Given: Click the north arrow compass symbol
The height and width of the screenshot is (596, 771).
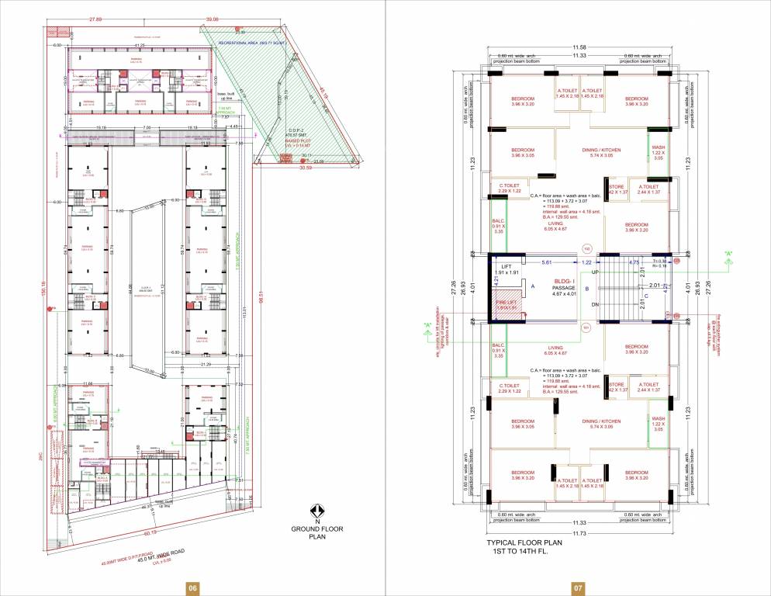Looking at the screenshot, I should point(316,510).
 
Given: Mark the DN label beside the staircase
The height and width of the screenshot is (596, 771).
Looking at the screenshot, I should point(595,304).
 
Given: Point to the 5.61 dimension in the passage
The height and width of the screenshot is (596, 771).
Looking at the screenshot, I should point(546,262).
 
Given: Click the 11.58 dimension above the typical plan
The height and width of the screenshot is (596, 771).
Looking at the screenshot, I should point(579,48).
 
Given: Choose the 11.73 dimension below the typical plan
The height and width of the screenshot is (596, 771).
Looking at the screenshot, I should point(579,532).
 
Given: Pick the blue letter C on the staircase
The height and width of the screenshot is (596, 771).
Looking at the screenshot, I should point(647,296).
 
